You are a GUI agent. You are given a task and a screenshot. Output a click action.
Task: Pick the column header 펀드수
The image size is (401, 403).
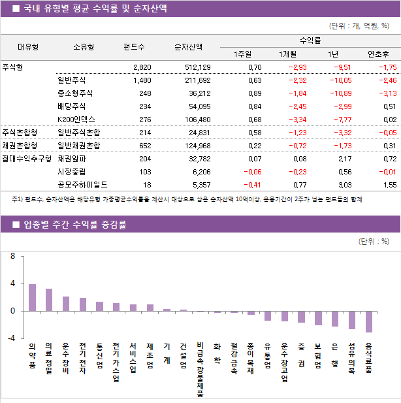(134, 47)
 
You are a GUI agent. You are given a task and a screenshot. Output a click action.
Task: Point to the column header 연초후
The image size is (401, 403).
(379, 54)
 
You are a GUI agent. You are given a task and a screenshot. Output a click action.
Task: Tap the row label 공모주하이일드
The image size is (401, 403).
(82, 185)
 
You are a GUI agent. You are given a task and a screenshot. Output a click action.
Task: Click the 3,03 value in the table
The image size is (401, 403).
(341, 185)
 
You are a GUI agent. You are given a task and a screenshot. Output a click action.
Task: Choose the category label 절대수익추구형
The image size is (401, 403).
(27, 159)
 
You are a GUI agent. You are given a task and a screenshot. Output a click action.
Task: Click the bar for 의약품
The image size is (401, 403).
(32, 297)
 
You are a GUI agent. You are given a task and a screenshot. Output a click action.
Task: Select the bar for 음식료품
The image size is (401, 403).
(369, 321)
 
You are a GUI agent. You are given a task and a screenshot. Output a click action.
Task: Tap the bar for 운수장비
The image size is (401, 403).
(66, 304)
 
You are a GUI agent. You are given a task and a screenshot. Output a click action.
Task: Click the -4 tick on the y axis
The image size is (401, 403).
(11, 338)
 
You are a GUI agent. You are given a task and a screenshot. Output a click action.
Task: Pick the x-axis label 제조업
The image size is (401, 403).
(150, 356)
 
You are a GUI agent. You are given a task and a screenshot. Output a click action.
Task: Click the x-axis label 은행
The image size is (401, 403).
(335, 356)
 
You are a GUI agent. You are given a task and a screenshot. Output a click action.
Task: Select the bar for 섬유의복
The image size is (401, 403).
(352, 320)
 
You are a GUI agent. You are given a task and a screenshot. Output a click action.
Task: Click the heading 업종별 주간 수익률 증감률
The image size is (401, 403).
(76, 225)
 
